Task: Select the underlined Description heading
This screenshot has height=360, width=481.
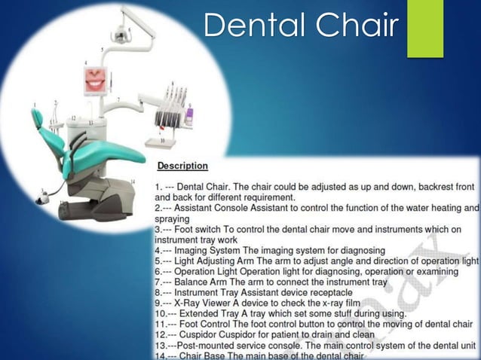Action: pyautogui.click(x=182, y=165)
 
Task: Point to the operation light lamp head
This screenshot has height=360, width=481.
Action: pyautogui.click(x=120, y=35)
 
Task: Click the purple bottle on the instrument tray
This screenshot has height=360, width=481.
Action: pyautogui.click(x=189, y=114)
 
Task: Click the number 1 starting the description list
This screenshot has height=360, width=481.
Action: pyautogui.click(x=158, y=185)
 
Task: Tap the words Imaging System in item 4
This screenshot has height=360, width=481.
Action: pyautogui.click(x=213, y=249)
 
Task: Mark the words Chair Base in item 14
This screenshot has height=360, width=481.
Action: pyautogui.click(x=207, y=355)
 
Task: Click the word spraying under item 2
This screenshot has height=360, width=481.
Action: pyautogui.click(x=173, y=218)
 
